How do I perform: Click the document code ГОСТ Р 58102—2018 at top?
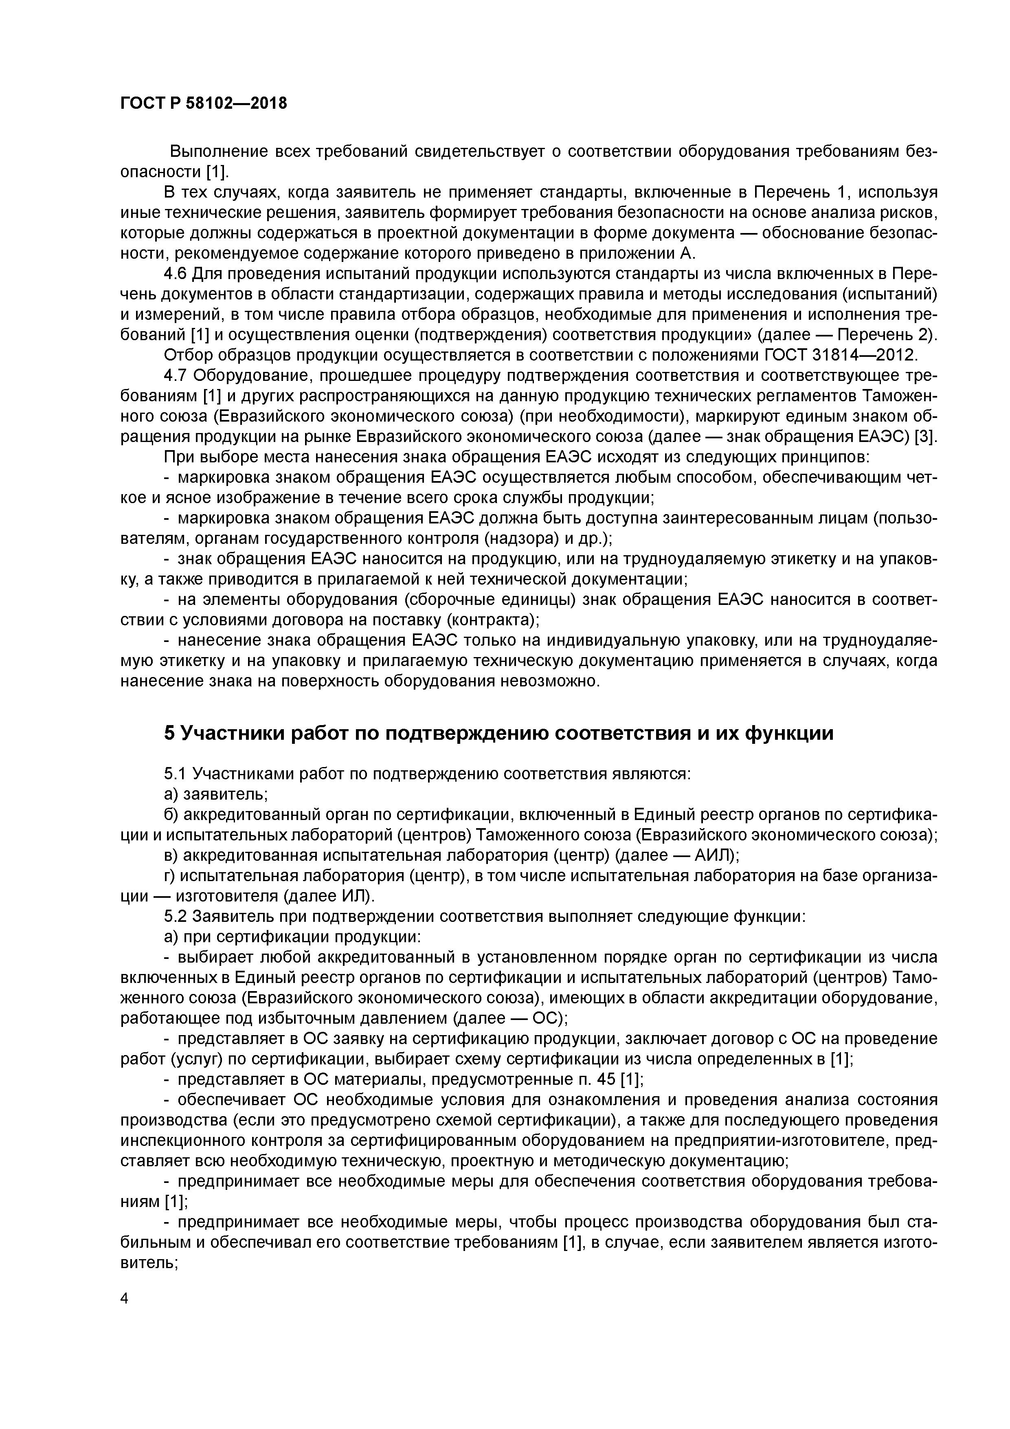click(x=204, y=104)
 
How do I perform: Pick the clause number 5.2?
click(x=176, y=917)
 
